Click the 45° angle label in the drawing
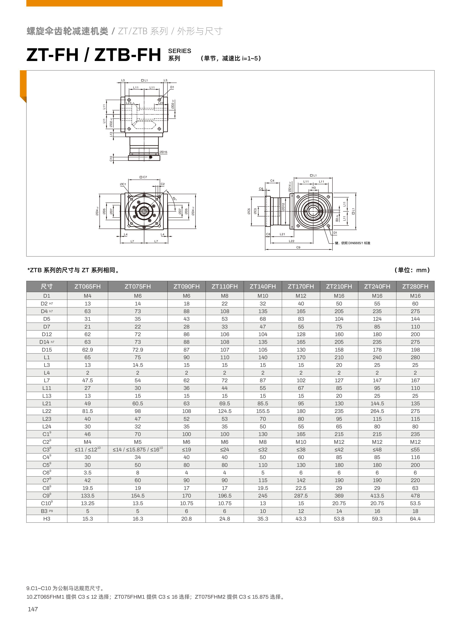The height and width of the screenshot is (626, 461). pos(175,199)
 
